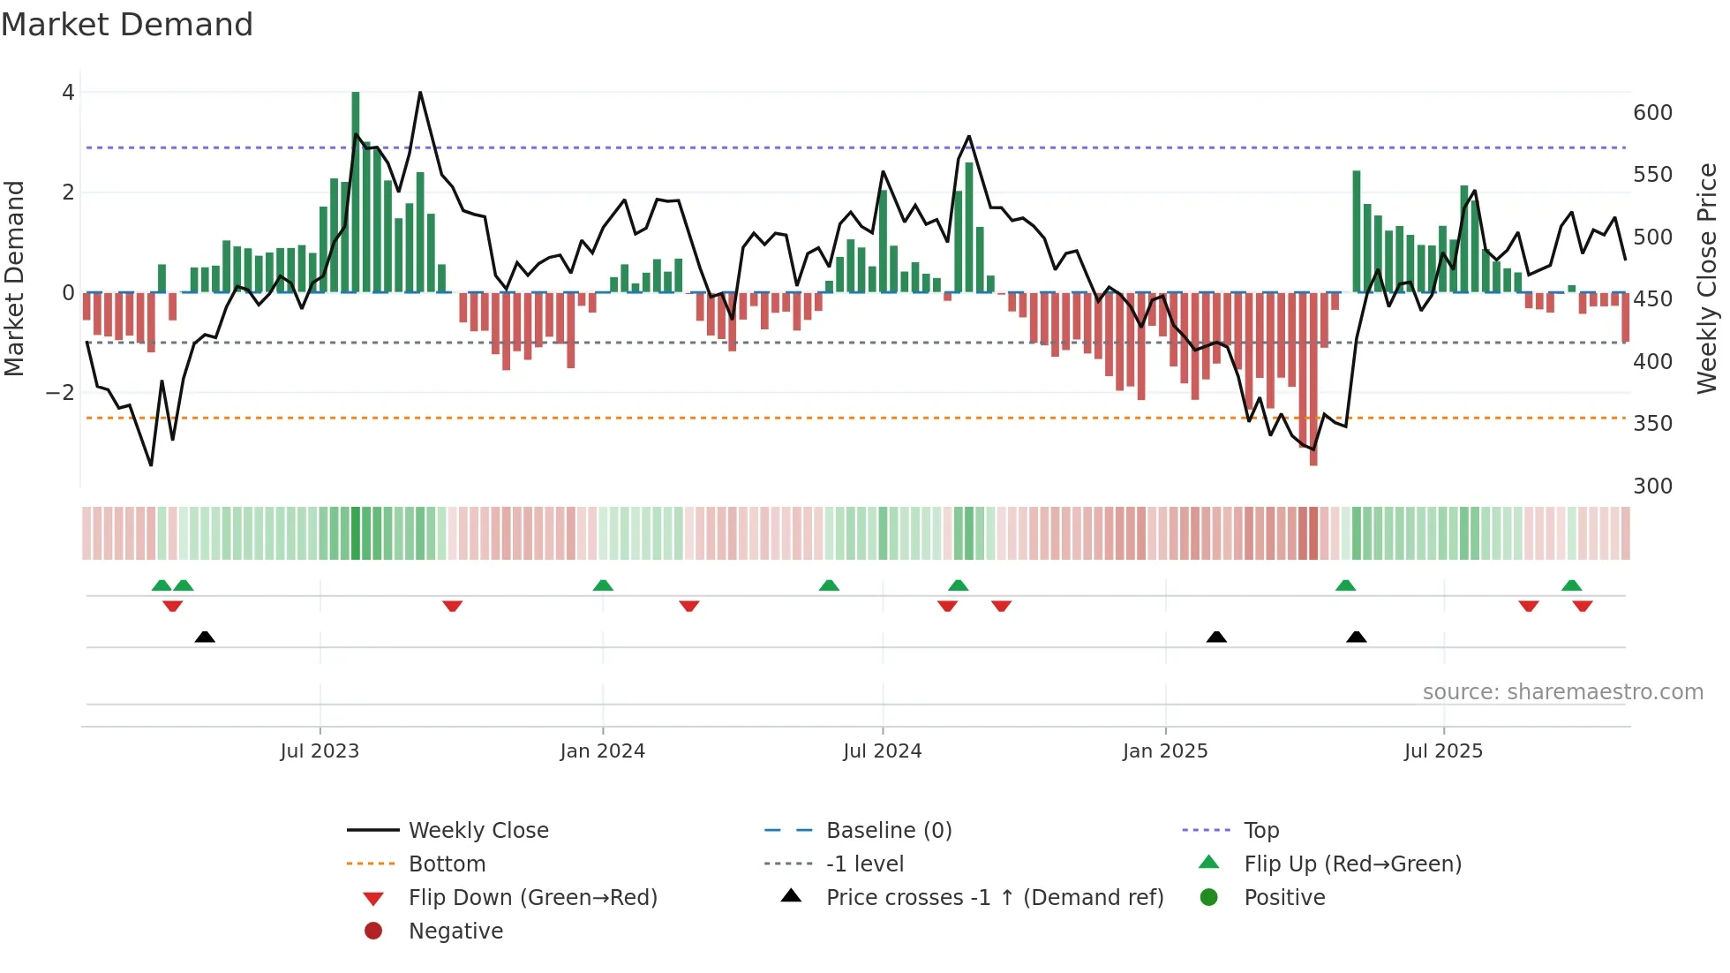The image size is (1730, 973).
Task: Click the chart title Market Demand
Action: [127, 25]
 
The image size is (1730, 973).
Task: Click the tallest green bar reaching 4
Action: [356, 190]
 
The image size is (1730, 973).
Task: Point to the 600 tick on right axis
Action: [1652, 113]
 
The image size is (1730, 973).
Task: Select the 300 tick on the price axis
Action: [1652, 486]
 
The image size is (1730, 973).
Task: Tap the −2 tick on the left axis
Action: [61, 392]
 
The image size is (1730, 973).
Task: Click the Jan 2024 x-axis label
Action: [602, 751]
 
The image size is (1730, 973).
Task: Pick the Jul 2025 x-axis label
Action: [1443, 751]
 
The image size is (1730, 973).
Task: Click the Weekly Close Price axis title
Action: [1707, 278]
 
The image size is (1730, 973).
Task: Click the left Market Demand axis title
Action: [14, 278]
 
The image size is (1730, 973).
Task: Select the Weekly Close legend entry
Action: [478, 831]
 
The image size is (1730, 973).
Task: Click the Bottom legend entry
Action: [447, 864]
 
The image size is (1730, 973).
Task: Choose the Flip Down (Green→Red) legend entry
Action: [532, 898]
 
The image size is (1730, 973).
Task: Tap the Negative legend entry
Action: [455, 932]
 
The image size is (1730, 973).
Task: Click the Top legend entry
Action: [1260, 831]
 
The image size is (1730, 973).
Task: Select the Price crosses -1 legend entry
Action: [994, 898]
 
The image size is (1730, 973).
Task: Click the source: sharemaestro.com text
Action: [1562, 692]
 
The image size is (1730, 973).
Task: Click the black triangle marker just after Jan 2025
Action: [1216, 637]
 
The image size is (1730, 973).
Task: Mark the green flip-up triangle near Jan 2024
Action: [603, 585]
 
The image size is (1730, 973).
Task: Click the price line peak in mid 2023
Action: [420, 93]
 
